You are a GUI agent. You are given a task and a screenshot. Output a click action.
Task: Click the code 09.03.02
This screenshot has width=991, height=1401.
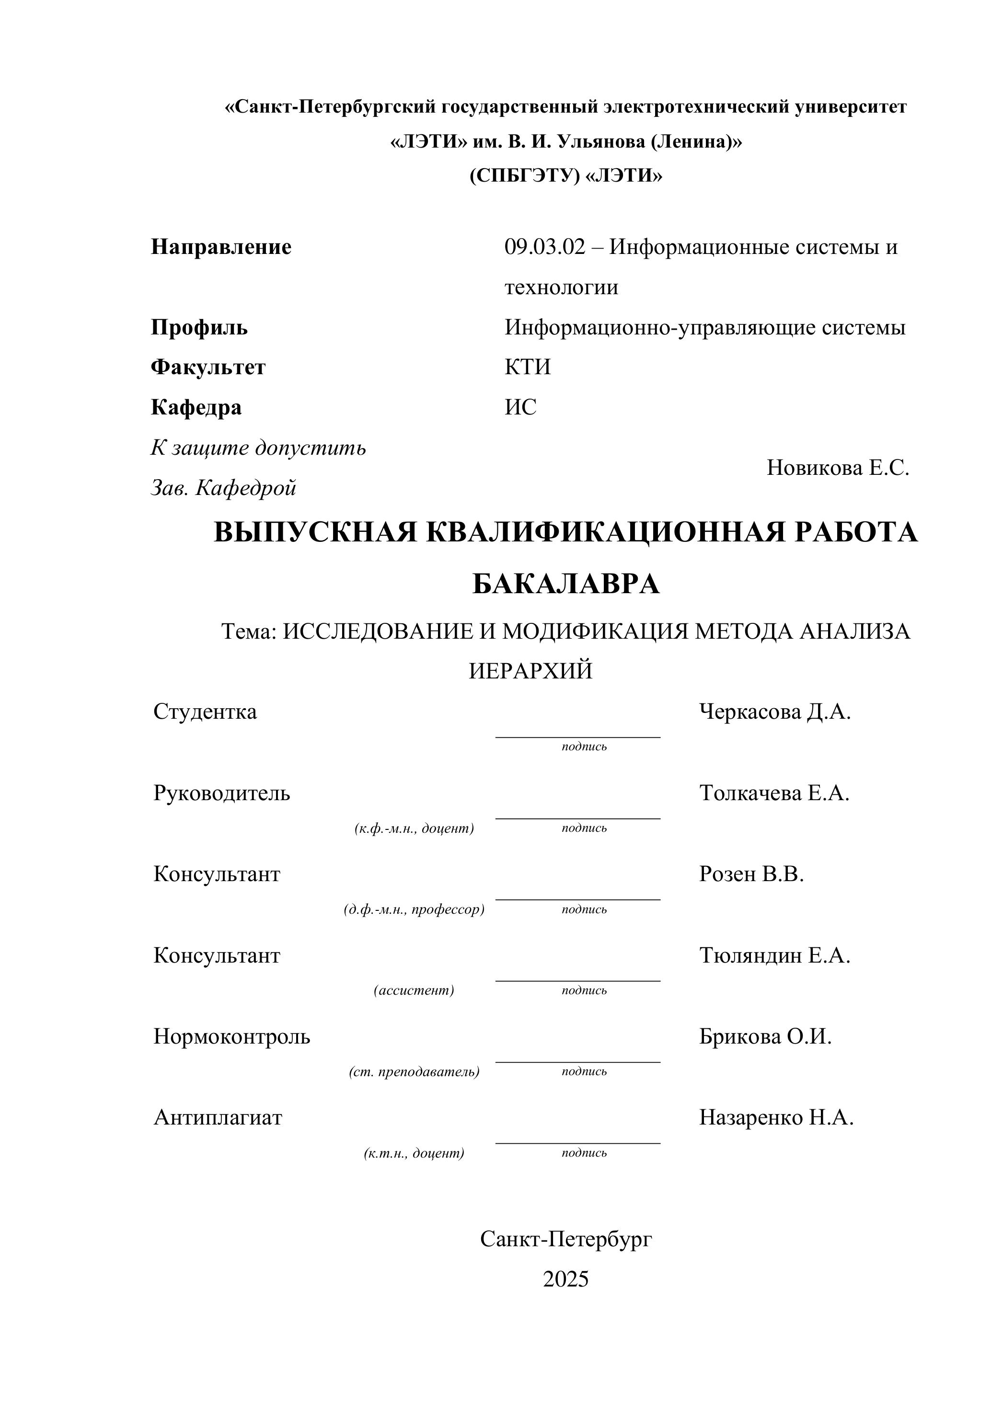point(544,247)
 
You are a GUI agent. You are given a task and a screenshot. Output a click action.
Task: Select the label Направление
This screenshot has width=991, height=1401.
point(221,247)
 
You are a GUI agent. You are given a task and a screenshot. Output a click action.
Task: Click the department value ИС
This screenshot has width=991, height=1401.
point(520,407)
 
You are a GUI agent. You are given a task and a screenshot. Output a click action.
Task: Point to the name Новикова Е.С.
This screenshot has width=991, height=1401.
point(837,468)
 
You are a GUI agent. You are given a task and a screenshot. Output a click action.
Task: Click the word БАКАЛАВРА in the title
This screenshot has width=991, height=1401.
point(565,584)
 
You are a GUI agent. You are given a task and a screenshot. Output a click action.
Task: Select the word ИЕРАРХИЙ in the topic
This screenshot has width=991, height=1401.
point(530,671)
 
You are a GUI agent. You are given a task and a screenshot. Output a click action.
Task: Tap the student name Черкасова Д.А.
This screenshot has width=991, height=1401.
point(774,712)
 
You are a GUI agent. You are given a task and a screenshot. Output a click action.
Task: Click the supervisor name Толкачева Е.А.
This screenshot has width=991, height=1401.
point(774,793)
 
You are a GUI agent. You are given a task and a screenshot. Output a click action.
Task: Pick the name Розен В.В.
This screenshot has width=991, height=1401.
point(751,874)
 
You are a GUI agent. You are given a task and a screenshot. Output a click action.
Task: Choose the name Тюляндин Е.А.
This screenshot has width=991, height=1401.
point(774,955)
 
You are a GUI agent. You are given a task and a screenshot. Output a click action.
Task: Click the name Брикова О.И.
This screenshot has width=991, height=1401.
point(765,1037)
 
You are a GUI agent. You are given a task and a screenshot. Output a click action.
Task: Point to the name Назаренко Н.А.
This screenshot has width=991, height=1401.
point(775,1118)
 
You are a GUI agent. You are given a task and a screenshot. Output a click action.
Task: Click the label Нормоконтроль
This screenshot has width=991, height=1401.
point(231,1037)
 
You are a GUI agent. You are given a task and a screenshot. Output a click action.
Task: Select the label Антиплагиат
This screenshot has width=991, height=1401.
point(218,1118)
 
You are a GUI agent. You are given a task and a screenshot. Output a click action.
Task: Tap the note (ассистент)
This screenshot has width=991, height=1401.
point(414,990)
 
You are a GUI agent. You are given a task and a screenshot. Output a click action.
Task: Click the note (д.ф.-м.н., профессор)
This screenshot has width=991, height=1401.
point(414,909)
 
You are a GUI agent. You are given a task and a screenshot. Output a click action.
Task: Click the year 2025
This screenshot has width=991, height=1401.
point(565,1279)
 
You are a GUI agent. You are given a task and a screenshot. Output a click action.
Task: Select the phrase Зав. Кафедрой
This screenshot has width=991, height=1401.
point(223,488)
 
